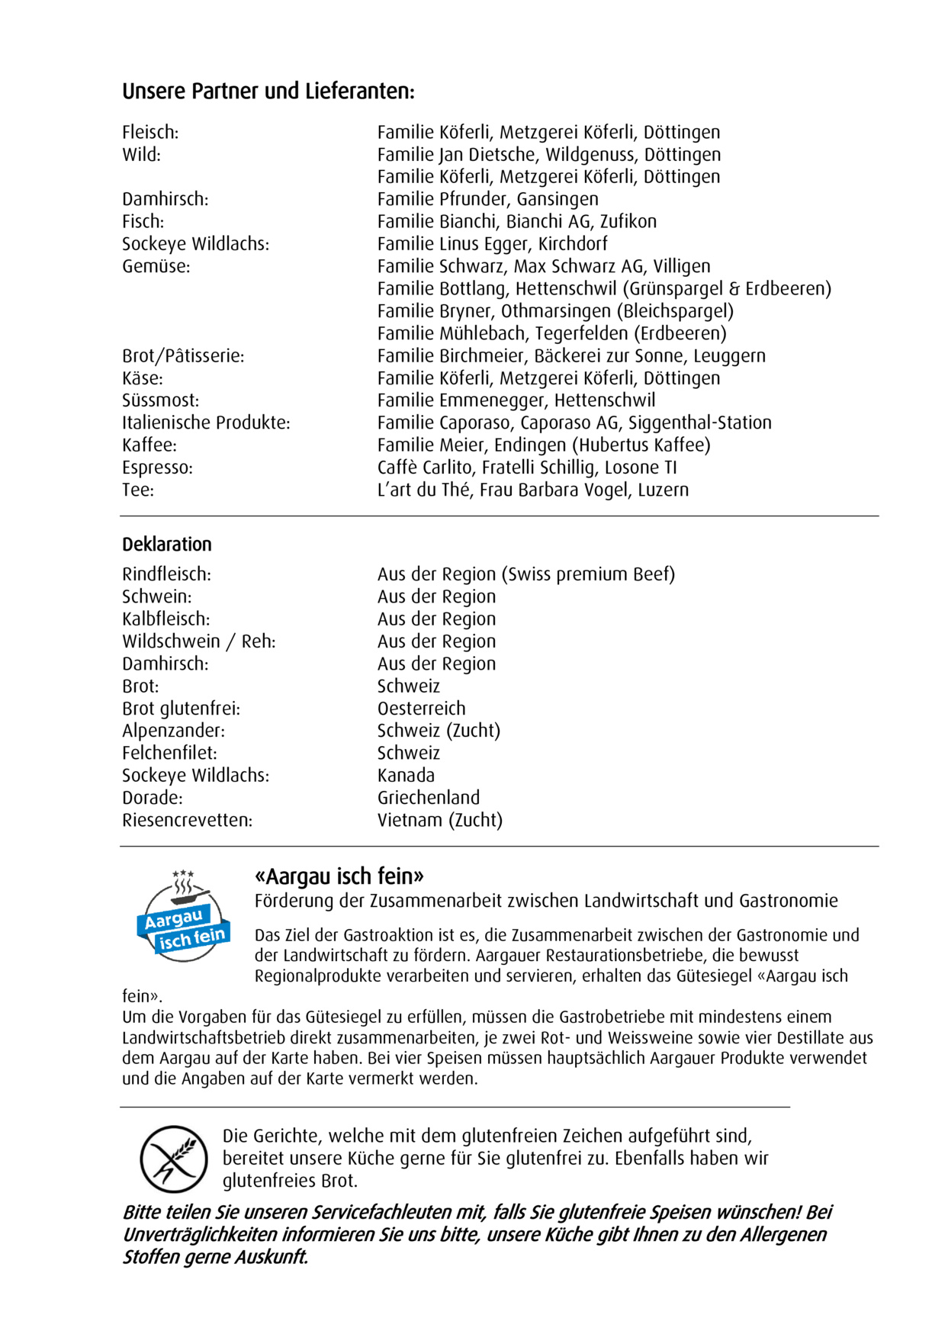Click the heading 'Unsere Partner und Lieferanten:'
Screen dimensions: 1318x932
click(x=268, y=92)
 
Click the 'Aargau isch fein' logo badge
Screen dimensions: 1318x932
click(x=184, y=915)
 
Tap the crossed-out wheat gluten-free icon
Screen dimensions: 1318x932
click(x=174, y=1159)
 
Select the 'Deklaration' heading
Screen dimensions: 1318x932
click(x=167, y=545)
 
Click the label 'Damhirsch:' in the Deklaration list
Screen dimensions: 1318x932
click(x=165, y=664)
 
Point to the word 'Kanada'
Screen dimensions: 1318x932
click(x=406, y=776)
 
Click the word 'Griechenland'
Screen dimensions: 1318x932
click(x=429, y=798)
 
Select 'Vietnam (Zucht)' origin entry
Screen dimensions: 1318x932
click(x=440, y=820)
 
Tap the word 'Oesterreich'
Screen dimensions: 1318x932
click(x=421, y=709)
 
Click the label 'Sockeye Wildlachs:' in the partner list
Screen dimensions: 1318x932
click(x=195, y=244)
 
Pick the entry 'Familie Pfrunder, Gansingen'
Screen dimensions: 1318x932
click(x=487, y=199)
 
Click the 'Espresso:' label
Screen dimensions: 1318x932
click(x=157, y=468)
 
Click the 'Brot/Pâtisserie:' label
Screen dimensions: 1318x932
click(x=183, y=356)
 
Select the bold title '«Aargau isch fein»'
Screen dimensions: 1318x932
click(x=339, y=876)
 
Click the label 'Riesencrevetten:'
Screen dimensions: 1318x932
click(x=187, y=821)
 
